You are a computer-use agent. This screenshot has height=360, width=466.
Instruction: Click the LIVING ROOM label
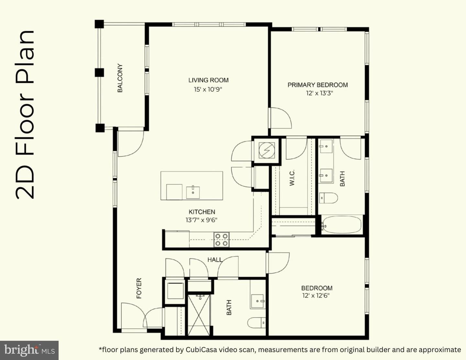point(208,80)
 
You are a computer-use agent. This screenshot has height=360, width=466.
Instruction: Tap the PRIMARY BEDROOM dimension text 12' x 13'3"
point(319,93)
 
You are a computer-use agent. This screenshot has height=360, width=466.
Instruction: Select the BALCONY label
point(120,78)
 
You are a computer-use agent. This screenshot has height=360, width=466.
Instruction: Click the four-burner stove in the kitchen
point(221,240)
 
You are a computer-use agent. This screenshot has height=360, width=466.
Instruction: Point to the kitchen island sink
point(193,192)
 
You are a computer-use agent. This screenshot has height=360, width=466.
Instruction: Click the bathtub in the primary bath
point(341,225)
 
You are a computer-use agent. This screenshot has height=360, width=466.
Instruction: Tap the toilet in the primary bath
point(328,198)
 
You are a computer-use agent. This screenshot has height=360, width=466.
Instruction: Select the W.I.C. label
point(292,178)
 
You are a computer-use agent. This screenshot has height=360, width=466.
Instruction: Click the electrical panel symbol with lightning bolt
point(267,150)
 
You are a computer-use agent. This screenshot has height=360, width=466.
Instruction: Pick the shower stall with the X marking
point(199,315)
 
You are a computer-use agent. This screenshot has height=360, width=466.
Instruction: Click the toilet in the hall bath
point(257,322)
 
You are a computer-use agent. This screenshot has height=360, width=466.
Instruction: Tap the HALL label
point(215,260)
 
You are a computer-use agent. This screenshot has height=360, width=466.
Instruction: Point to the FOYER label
point(139,288)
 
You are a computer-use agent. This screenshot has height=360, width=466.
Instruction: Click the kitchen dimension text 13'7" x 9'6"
point(202,220)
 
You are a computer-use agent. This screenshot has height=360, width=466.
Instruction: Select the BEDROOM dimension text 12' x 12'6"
point(316,296)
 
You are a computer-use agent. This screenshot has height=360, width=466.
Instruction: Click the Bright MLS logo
point(29,350)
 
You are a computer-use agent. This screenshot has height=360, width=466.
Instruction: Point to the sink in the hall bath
point(258,301)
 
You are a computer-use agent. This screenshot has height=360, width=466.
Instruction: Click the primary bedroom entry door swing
point(281,118)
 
